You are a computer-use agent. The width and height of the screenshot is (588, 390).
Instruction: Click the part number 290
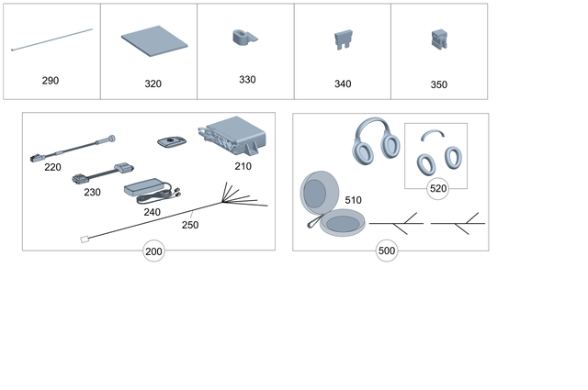point(51,81)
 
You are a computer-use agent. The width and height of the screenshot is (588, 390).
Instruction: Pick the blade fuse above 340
point(342,41)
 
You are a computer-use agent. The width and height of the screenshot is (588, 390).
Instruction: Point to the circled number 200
point(153,251)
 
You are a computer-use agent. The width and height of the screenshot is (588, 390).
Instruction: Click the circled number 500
point(387,251)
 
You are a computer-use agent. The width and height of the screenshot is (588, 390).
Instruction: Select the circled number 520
point(438,188)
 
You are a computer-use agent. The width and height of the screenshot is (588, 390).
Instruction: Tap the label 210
point(243,167)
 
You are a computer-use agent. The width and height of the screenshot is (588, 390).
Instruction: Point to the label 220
point(52,167)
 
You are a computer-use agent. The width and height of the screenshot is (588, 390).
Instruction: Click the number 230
point(92,193)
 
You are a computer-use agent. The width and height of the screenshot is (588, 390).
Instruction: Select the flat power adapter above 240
point(146,187)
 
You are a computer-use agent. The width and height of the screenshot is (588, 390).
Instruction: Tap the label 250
point(189,224)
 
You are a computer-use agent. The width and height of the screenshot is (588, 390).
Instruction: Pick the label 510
point(353,199)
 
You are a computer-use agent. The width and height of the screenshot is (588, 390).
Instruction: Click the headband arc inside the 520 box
point(432,133)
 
